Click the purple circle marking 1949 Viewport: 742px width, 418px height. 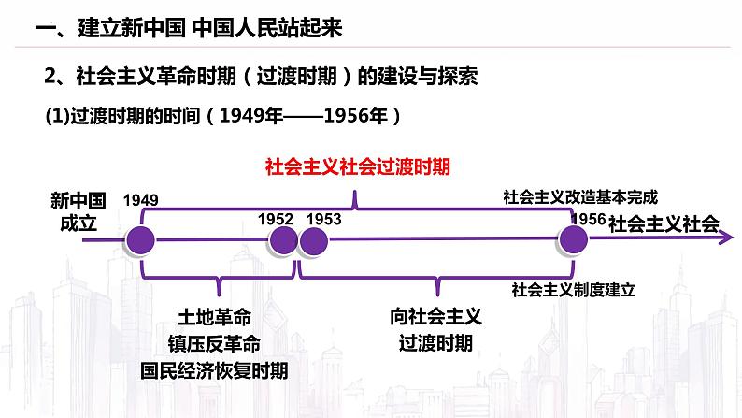141,239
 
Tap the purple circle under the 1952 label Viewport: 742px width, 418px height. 282,239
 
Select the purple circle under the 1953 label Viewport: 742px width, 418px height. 312,239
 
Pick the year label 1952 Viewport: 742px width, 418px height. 276,219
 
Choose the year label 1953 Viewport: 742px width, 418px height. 323,219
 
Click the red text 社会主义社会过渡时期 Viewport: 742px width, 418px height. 358,167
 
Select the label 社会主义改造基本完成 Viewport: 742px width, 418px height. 579,197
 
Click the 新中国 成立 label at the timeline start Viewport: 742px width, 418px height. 79,211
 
